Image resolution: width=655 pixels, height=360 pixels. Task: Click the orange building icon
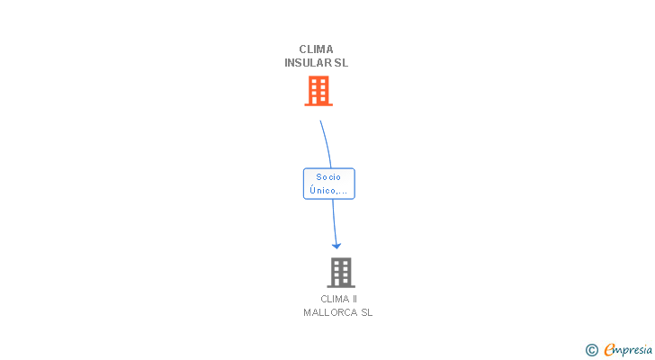click(319, 90)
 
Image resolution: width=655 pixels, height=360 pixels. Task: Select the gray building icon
click(340, 272)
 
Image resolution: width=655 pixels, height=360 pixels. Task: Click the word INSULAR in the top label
click(307, 63)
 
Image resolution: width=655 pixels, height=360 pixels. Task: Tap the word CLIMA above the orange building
click(316, 49)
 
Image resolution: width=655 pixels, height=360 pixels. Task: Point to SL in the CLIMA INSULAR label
click(341, 63)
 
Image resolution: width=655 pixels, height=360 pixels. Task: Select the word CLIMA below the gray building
click(334, 299)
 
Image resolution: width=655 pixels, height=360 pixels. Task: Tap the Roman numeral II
click(354, 299)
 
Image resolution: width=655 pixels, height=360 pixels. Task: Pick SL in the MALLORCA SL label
click(366, 312)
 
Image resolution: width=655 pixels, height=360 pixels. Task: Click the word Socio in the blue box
click(328, 177)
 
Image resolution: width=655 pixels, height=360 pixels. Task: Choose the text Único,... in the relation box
click(328, 190)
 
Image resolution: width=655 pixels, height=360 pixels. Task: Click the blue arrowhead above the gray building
click(336, 245)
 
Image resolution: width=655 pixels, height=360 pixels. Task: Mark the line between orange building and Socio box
click(326, 144)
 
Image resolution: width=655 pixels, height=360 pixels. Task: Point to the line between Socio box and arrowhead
click(334, 220)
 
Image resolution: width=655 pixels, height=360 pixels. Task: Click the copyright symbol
click(591, 350)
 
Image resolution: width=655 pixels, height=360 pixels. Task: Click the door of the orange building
click(319, 100)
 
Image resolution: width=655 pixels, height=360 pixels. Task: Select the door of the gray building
click(340, 282)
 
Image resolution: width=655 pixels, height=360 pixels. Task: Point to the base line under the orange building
click(319, 105)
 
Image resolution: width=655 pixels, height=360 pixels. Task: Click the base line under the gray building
click(340, 287)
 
